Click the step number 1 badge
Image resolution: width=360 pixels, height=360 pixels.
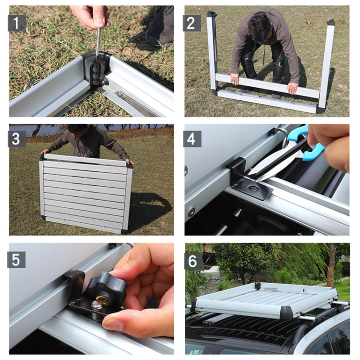coord(17,23)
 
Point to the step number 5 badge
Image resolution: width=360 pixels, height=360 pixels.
coord(17,259)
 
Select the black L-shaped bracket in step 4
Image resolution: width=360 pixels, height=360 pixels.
coord(245,180)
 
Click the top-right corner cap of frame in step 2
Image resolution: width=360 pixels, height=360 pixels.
coord(331,22)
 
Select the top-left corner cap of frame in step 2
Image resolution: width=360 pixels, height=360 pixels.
coord(211,15)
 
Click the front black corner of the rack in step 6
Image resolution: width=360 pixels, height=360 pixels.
coord(287,313)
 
